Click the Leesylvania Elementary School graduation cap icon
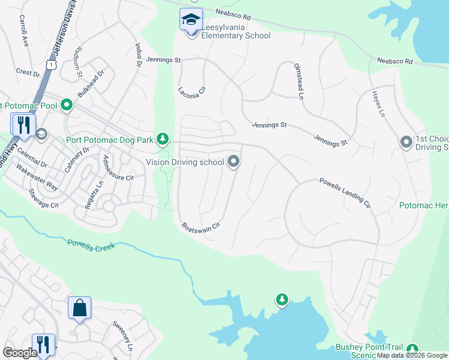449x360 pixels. point(191,21)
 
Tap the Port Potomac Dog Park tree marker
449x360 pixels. point(162,139)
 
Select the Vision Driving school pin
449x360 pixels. point(234,161)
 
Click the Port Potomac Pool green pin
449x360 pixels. point(67,106)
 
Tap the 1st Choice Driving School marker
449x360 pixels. point(406,142)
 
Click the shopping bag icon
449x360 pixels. point(79,308)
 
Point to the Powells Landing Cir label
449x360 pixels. point(345,193)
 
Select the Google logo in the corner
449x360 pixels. point(20,353)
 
